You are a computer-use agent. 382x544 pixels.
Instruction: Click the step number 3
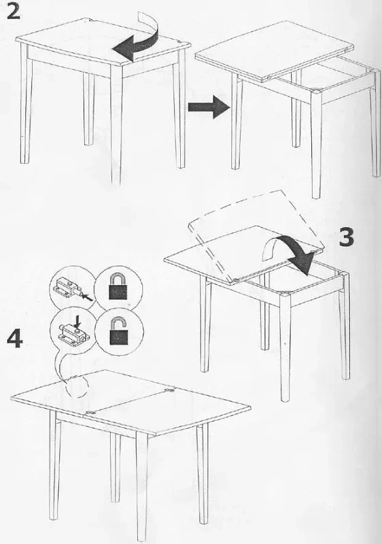click(347, 238)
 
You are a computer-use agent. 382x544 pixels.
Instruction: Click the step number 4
click(15, 338)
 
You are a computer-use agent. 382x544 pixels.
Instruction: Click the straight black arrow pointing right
click(209, 107)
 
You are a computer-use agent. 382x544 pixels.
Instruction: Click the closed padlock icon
click(118, 287)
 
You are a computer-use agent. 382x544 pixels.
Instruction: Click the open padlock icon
click(118, 330)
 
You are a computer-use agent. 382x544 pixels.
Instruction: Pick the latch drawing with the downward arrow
click(73, 331)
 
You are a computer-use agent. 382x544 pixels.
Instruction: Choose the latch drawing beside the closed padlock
click(71, 288)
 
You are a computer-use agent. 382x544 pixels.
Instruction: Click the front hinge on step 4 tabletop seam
click(92, 411)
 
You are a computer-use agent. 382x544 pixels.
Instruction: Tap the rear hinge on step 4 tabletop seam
click(169, 390)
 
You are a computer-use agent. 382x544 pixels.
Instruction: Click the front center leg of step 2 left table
click(117, 125)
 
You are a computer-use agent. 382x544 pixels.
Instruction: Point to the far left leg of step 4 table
click(54, 465)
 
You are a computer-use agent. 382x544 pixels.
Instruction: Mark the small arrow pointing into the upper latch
click(88, 297)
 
